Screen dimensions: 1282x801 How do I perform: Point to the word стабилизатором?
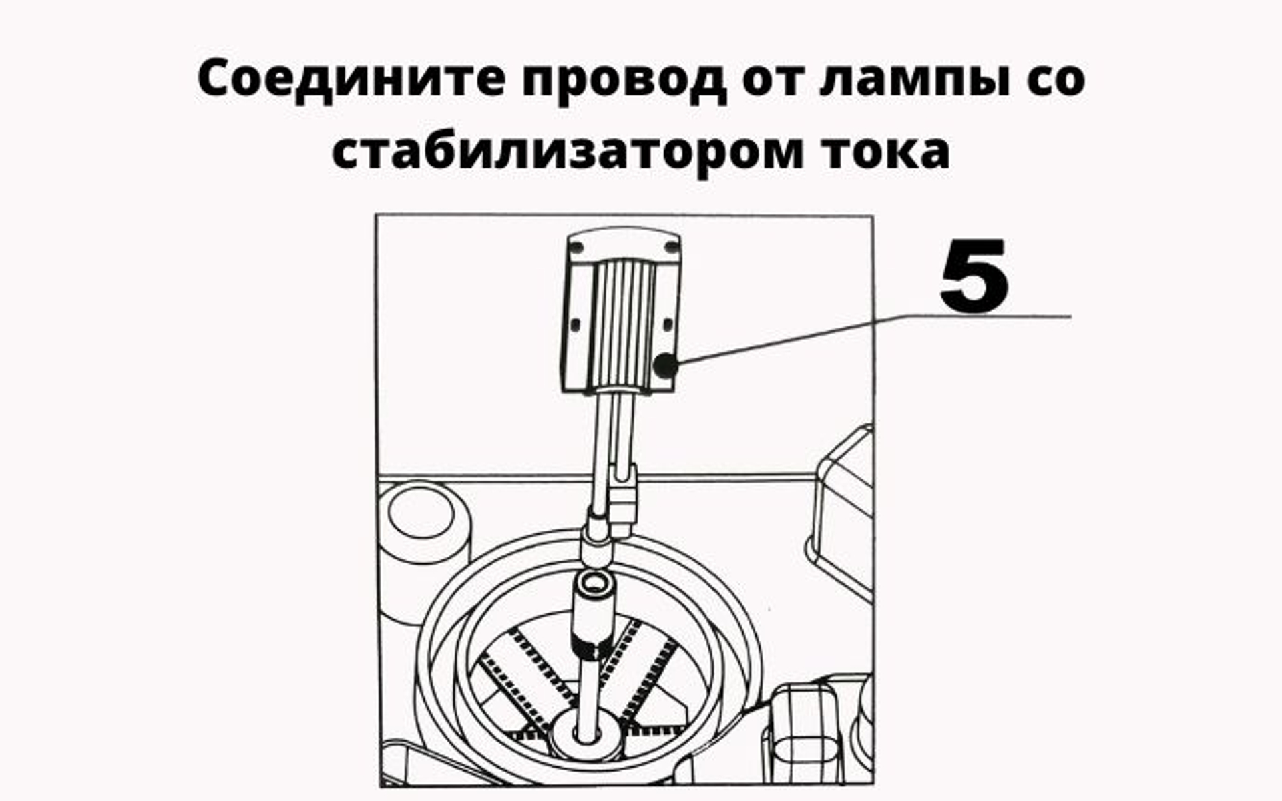566,152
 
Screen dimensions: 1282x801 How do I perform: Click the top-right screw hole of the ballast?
672,248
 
